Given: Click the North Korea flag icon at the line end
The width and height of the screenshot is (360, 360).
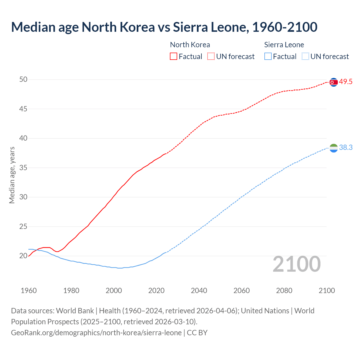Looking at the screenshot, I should tap(334, 82).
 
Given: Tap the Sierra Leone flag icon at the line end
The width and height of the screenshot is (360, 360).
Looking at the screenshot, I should tap(334, 148).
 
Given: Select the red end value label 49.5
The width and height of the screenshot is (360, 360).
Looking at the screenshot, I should tap(346, 82).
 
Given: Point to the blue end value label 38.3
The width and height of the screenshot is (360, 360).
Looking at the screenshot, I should tap(346, 148).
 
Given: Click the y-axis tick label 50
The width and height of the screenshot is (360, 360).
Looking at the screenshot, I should tap(23, 80).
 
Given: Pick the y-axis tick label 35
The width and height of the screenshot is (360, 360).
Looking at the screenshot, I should tap(23, 168).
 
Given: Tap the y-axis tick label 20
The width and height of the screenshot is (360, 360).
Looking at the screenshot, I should tap(23, 256).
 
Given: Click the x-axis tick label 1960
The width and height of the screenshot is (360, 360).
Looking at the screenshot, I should tap(29, 291).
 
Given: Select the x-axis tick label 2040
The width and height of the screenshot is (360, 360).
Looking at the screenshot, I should tap(199, 291).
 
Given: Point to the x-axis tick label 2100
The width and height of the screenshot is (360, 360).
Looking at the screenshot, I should tap(327, 291).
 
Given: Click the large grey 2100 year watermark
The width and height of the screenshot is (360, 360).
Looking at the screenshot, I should tap(297, 264).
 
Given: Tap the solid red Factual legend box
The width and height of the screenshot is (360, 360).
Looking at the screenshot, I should tap(174, 57).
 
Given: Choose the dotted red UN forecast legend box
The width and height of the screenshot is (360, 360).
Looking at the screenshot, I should tap(211, 57).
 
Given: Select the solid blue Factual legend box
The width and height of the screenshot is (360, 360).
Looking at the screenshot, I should tap(268, 57).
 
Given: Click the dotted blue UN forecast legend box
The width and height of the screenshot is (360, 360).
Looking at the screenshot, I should tap(305, 57).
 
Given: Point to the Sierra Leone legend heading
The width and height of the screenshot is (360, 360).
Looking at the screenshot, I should tap(284, 45).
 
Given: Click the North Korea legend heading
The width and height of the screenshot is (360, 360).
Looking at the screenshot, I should tap(190, 45).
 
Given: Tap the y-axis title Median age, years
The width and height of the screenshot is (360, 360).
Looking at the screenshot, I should tap(12, 175).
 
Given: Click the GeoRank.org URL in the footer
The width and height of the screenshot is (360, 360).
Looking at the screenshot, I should tap(96, 333).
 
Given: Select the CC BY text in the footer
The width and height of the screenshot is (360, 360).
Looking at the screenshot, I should tap(197, 333).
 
